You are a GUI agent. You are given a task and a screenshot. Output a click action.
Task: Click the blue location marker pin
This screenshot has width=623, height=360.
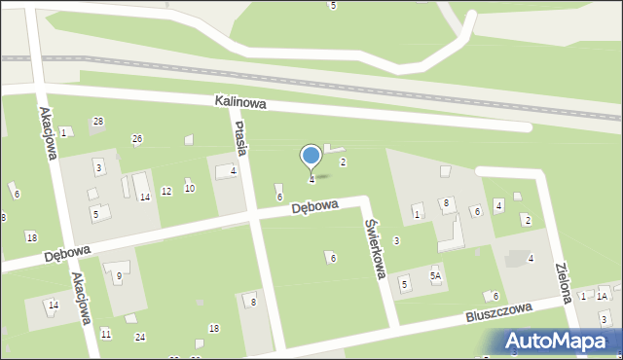(x=311, y=156)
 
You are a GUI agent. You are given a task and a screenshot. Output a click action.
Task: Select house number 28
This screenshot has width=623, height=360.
(x=98, y=121)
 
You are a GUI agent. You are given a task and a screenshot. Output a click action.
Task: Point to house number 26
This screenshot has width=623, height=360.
(x=137, y=138)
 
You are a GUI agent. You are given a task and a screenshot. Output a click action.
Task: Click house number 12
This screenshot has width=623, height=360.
(x=166, y=191)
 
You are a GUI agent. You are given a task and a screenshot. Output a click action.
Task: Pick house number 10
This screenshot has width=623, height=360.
(x=190, y=188)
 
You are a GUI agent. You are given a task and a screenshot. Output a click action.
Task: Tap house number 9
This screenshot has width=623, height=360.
(x=119, y=276)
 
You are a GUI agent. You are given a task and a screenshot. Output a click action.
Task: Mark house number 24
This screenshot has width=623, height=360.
(x=140, y=337)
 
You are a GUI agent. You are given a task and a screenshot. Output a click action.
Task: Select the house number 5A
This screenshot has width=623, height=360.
(x=436, y=276)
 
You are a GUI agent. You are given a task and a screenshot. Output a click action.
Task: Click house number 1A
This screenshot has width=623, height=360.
(x=603, y=296)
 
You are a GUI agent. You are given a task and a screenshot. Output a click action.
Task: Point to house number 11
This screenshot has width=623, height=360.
(x=106, y=334)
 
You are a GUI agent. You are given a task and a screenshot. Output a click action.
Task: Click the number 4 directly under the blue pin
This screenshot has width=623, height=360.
(x=311, y=179)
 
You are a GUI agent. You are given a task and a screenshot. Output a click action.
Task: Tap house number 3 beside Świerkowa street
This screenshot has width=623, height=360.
(x=396, y=240)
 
